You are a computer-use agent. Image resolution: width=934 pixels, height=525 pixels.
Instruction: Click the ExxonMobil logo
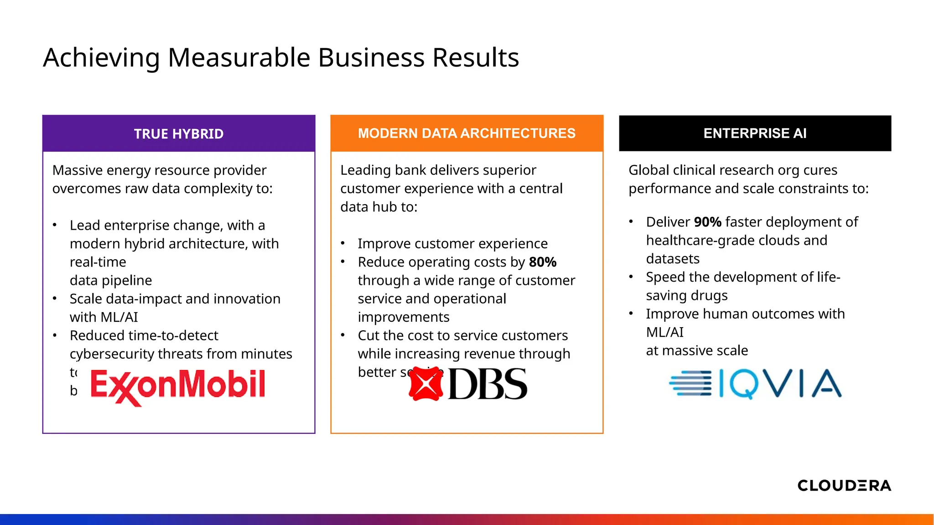(x=178, y=386)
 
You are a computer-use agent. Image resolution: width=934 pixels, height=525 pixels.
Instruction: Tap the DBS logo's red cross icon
(x=426, y=384)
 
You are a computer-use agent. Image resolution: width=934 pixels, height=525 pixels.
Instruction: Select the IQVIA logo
(x=755, y=384)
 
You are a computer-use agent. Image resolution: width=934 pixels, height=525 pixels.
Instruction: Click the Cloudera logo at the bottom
(x=844, y=485)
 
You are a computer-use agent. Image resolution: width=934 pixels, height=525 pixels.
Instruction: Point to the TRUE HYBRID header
(x=179, y=134)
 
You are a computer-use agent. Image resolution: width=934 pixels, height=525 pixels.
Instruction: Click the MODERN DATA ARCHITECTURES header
(x=467, y=133)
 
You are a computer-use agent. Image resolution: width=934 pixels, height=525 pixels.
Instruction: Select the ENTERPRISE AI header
(x=755, y=133)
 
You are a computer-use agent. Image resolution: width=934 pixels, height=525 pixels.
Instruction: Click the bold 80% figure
(x=543, y=262)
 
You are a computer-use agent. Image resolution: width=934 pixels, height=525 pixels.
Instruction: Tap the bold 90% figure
(x=707, y=222)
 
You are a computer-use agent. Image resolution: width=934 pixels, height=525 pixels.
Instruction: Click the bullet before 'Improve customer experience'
(x=342, y=243)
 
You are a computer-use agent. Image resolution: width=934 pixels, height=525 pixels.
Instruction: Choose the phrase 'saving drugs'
(x=686, y=296)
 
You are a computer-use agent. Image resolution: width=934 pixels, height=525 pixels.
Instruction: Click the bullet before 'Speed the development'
(x=631, y=277)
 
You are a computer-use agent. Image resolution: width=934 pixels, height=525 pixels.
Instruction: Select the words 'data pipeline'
(x=111, y=280)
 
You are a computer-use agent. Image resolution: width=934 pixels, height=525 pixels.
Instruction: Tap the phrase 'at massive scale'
(x=697, y=350)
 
